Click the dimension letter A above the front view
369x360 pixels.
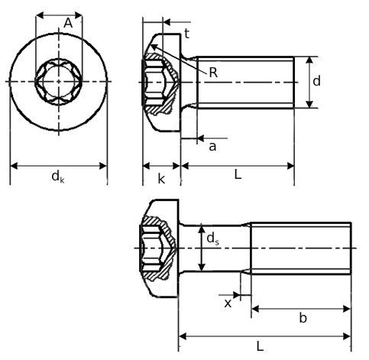pos(68,24)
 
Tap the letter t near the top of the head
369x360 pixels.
pos(186,33)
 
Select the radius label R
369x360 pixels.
pos(213,73)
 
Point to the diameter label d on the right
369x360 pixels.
pos(316,80)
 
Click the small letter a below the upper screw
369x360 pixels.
pos(212,145)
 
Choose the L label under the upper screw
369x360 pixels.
pos(238,175)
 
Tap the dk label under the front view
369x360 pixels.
pos(57,177)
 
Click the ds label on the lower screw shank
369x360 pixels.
pos(212,238)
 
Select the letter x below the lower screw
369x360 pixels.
pos(228,303)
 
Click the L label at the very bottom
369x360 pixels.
pos(260,346)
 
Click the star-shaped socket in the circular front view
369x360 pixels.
pos(57,81)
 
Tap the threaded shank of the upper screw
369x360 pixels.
pos(244,82)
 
